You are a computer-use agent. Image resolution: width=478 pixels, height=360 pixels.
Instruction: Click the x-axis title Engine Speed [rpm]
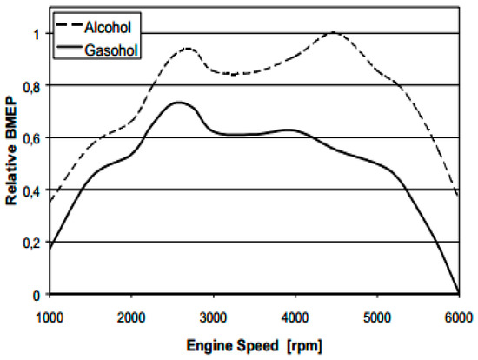coord(255,345)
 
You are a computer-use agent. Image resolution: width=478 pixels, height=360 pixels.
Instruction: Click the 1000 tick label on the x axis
coord(50,315)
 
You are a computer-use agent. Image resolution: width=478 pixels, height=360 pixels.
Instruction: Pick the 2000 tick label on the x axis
coord(132,315)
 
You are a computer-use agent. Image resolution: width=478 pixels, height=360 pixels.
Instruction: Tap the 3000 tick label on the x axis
coord(214,315)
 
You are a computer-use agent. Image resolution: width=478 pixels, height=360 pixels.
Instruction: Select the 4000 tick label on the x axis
coord(295,315)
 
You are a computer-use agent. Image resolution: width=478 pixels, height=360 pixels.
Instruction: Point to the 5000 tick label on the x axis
coord(377,315)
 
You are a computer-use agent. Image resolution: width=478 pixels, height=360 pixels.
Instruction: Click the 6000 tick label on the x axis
coord(458,315)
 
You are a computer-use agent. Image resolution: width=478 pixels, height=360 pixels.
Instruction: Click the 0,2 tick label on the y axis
coord(33,243)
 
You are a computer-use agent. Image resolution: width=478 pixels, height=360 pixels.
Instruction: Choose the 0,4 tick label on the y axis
coord(33,190)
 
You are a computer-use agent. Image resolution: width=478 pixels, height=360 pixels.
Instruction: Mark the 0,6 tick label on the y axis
coord(33,138)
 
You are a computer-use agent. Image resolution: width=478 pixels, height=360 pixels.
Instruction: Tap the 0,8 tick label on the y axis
coord(33,86)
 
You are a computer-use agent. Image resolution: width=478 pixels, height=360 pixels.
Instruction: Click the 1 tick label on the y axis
coord(38,34)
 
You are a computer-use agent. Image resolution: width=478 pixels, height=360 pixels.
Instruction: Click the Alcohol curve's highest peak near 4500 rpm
coord(334,33)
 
